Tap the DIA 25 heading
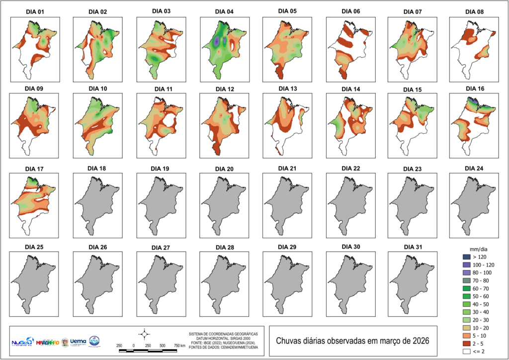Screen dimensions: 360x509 (34, 247)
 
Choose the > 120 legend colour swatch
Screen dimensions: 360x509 (465, 257)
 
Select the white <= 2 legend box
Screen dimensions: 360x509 (465, 353)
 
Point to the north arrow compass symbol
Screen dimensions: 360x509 (144, 333)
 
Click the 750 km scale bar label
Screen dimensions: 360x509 (179, 346)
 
